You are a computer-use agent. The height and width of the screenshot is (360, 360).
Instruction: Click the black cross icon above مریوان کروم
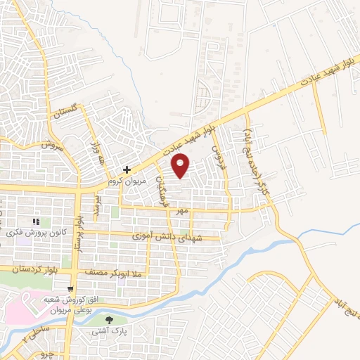[127, 169]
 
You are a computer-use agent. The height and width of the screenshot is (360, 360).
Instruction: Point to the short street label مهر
[184, 210]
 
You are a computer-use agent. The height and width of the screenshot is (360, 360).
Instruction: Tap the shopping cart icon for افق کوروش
[70, 288]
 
